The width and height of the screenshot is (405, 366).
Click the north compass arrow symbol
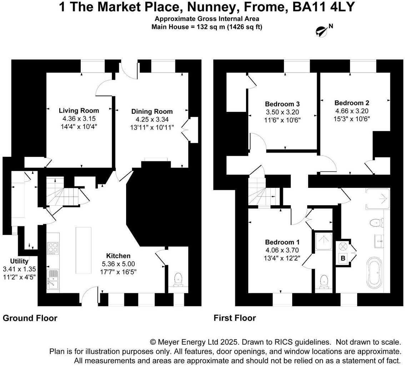click(321, 31)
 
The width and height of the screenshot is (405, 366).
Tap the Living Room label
click(79, 110)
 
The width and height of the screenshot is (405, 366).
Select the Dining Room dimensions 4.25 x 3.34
click(152, 119)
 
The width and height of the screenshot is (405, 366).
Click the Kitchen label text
click(118, 256)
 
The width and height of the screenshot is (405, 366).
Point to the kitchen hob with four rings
click(53, 248)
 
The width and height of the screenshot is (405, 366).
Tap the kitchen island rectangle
click(84, 250)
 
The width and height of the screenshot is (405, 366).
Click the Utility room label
click(19, 261)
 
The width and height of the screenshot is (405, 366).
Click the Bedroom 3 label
click(282, 104)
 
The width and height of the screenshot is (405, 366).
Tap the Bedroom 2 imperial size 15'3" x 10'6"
click(352, 119)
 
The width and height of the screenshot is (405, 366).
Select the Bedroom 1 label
click(282, 242)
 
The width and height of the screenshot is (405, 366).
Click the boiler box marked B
click(343, 258)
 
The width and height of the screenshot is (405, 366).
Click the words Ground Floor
click(30, 318)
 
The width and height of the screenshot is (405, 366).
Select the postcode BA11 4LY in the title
click(323, 7)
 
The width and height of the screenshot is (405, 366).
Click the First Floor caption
click(235, 318)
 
